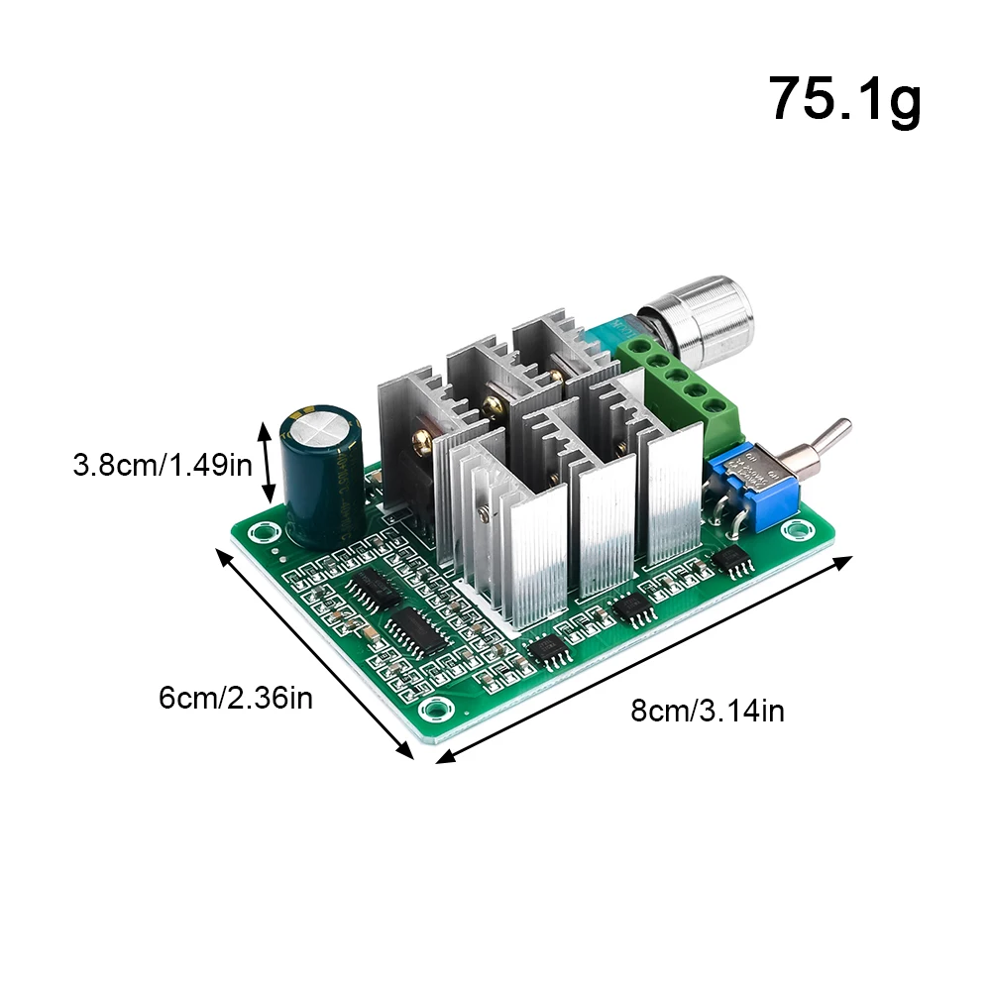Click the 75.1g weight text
844,98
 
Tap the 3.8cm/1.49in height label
163,464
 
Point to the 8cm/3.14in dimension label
708,711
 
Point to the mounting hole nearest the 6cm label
433,708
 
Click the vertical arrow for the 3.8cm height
265,463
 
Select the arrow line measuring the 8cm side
644,659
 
